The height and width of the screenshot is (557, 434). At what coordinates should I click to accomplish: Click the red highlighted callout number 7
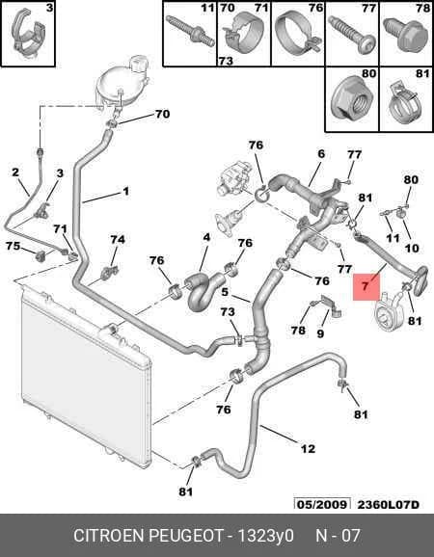coord(366,286)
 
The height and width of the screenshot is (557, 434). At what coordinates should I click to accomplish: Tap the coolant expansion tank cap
coord(138,63)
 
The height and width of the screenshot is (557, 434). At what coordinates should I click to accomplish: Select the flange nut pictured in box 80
coord(351,103)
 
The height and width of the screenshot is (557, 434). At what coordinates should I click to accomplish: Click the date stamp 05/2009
coord(322,504)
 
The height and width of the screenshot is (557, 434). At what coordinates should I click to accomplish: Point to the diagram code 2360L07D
coord(388,504)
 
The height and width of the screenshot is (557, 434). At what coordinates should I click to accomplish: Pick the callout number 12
coord(308,449)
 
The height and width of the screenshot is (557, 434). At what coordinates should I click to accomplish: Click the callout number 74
coord(118,240)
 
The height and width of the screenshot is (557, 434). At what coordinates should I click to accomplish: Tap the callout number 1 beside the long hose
coord(125,191)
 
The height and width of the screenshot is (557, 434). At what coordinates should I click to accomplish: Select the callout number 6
coord(321,154)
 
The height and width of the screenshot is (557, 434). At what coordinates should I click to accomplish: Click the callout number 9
coord(320,333)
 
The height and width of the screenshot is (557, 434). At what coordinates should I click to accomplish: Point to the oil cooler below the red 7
coord(388,311)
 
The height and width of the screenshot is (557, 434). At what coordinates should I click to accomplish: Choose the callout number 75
coord(14,246)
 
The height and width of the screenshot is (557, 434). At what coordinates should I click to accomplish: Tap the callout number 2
coord(15,172)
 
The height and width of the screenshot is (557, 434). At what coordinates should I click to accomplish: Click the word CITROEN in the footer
coord(109,536)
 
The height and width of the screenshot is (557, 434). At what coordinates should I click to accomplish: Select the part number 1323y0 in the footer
coord(265,536)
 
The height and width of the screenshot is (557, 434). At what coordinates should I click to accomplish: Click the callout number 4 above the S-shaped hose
coord(206,237)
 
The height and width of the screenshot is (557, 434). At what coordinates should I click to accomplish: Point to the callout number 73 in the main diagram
coord(228,312)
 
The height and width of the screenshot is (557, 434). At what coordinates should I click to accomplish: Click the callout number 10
coord(412,248)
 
